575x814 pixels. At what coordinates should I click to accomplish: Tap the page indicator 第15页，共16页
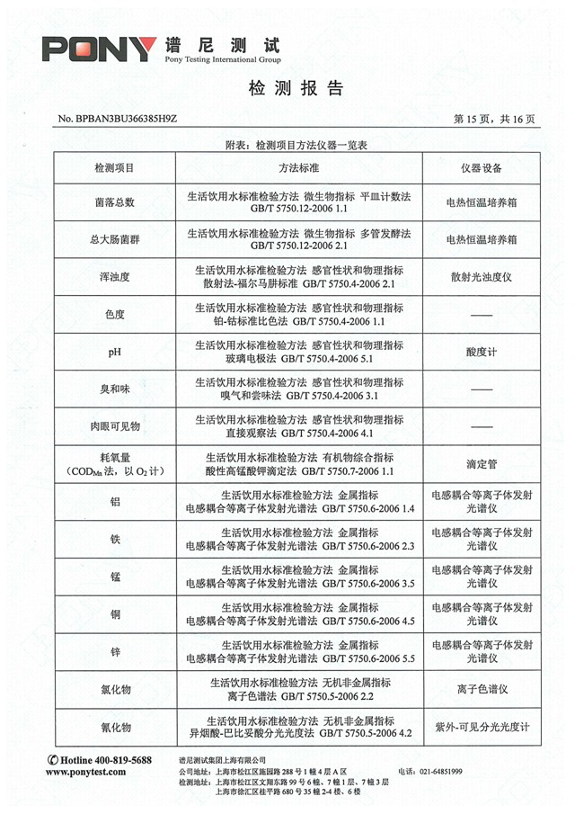[495, 119]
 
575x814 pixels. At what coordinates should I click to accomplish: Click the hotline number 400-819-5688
[107, 760]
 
